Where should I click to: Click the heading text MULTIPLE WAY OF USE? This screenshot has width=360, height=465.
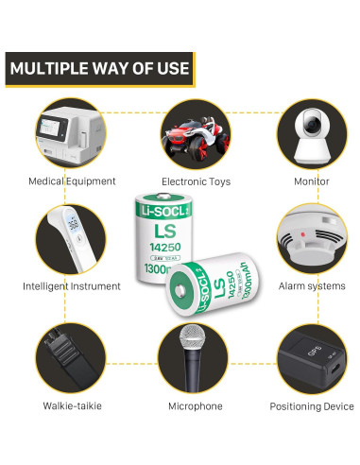(x=98, y=68)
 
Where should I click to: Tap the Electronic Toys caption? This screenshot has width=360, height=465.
(x=192, y=181)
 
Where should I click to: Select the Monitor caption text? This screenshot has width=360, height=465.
(x=311, y=181)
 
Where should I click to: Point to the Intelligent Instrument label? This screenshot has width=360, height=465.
(x=72, y=285)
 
